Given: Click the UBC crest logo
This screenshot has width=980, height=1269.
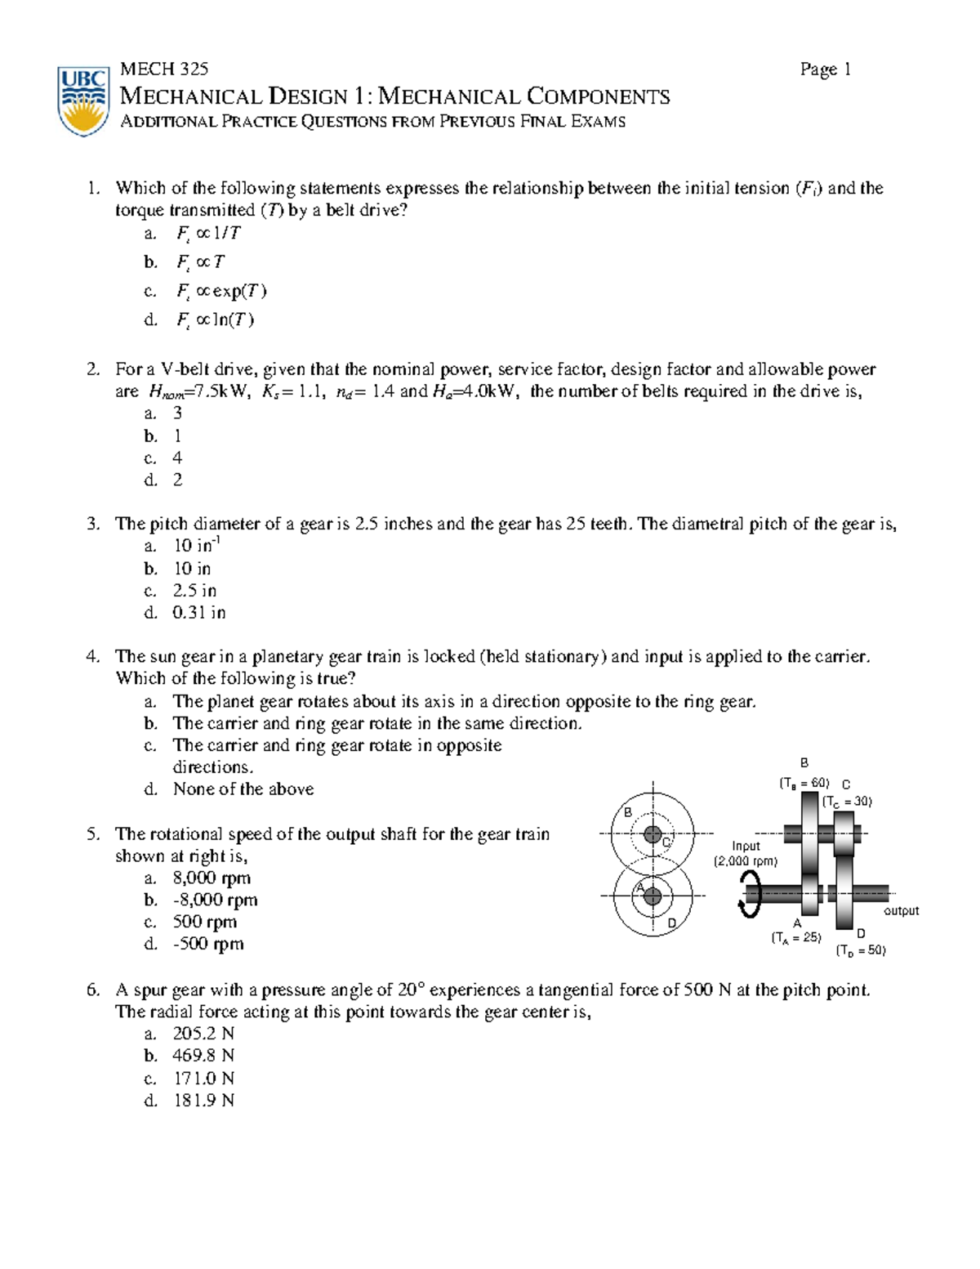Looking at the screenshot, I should [x=83, y=101].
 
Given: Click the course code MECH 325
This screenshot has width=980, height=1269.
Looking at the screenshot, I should [x=163, y=69].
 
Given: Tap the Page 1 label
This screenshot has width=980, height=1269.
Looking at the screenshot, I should [x=825, y=69].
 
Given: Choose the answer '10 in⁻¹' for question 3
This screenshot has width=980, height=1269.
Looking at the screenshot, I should [x=196, y=546].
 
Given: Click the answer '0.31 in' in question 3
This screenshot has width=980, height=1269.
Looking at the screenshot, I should [x=198, y=612].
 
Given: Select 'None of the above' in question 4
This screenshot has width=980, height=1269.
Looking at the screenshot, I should [x=243, y=789].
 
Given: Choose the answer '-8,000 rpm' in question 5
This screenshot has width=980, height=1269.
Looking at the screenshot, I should [x=215, y=900].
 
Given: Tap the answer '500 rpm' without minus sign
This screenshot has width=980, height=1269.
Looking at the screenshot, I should [x=204, y=922].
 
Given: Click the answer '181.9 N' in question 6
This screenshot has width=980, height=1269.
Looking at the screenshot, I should [x=203, y=1100].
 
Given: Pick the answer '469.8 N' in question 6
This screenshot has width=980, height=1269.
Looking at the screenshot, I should [x=203, y=1056].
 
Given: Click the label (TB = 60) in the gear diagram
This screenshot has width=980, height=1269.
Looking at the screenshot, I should [x=804, y=783].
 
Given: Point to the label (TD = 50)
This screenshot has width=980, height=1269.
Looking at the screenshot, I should [x=860, y=950].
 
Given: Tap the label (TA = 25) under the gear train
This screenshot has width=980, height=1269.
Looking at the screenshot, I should [x=795, y=937].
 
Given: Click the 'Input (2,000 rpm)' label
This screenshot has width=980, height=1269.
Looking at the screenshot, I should [x=746, y=854].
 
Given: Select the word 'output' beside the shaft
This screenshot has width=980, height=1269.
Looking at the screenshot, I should [x=901, y=910].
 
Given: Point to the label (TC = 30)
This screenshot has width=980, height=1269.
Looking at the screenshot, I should [x=847, y=802].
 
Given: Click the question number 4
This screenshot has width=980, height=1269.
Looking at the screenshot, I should [x=93, y=656].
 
